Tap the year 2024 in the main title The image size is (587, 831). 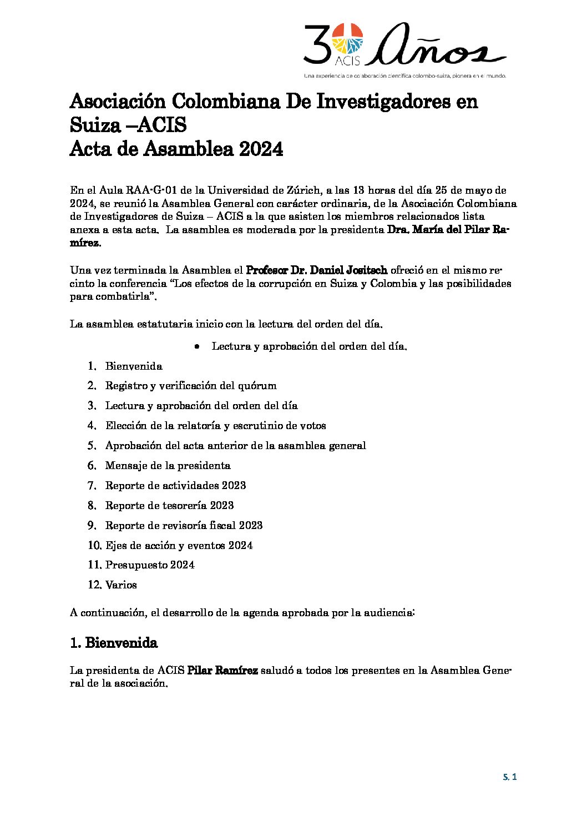coord(261,149)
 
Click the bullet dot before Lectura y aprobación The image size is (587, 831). coord(197,346)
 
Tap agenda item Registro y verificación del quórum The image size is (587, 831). coord(191,385)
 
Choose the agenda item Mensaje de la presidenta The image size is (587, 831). coord(168,465)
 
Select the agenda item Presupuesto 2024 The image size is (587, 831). coord(150,565)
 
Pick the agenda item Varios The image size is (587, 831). coord(121,585)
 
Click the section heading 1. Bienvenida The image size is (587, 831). coord(114,642)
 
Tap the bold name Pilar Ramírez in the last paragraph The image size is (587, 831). coord(222,670)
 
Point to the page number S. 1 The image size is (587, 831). coord(510,777)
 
